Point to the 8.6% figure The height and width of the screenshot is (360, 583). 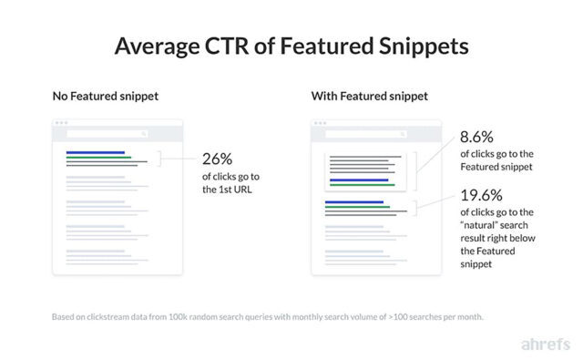pyautogui.click(x=476, y=138)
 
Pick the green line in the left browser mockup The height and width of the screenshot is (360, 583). pyautogui.click(x=98, y=158)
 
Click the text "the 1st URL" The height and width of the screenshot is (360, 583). pyautogui.click(x=223, y=190)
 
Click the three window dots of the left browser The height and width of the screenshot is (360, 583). pyautogui.click(x=62, y=123)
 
